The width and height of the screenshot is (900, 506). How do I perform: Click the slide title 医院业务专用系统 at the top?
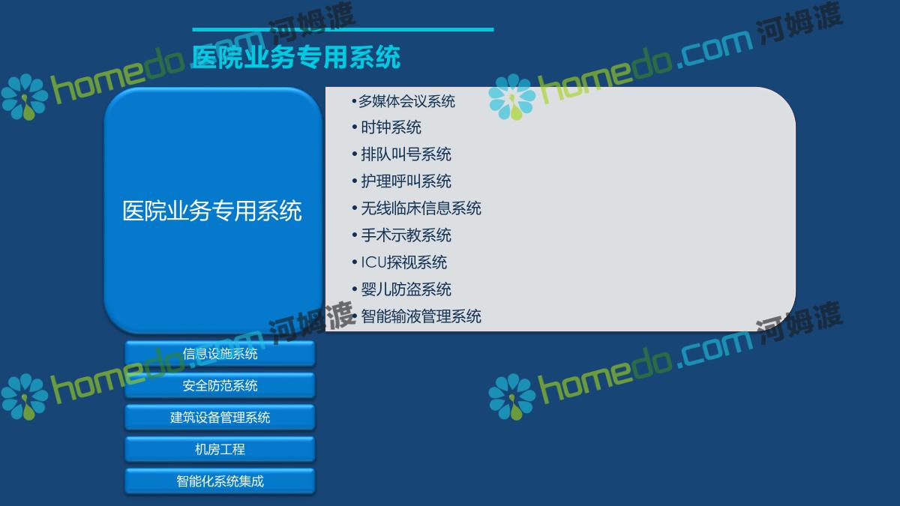[296, 57]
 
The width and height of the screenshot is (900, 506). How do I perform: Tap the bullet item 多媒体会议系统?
[406, 101]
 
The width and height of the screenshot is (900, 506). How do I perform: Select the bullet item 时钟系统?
[391, 127]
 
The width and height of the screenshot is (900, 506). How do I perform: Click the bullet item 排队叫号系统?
[406, 154]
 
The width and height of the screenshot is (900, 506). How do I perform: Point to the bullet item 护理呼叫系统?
[406, 181]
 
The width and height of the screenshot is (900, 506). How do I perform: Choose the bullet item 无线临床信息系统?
[421, 208]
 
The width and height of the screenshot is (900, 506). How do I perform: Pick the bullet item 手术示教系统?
[406, 235]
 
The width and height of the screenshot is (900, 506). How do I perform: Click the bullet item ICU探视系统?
[403, 262]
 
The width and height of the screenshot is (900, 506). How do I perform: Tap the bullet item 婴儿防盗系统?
[406, 289]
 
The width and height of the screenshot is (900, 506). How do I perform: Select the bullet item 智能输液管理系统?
[421, 316]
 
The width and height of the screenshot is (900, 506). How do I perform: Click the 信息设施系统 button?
[220, 353]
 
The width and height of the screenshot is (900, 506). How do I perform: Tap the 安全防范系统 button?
[220, 385]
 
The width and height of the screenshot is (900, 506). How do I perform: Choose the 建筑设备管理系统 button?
[220, 418]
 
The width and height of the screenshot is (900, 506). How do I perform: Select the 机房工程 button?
[220, 449]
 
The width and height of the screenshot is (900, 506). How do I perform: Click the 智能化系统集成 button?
[220, 481]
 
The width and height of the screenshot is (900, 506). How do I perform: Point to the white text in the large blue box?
[212, 211]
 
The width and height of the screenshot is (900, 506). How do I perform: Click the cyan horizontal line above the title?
[343, 29]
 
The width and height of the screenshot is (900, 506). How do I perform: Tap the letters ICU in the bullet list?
[373, 262]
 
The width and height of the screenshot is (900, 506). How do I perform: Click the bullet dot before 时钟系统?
[354, 127]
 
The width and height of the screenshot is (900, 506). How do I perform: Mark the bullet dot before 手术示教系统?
[354, 235]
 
